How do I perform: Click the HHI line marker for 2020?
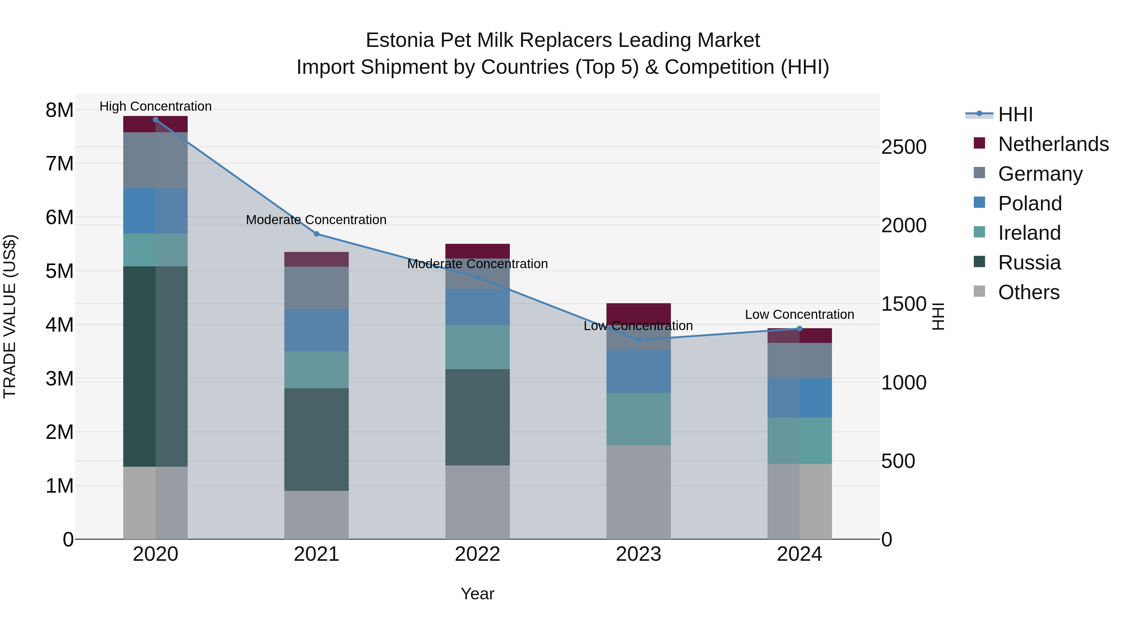(x=156, y=120)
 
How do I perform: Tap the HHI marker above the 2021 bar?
(x=317, y=234)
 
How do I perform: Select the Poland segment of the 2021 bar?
(x=317, y=330)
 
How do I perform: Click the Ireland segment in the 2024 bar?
(x=799, y=440)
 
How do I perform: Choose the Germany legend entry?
(x=1040, y=174)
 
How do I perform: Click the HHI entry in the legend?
(x=1015, y=114)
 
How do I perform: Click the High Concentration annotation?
(x=156, y=107)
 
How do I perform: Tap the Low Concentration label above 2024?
(x=799, y=314)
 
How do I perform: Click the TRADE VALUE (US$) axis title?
(x=10, y=316)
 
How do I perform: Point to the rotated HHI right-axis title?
(x=938, y=316)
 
